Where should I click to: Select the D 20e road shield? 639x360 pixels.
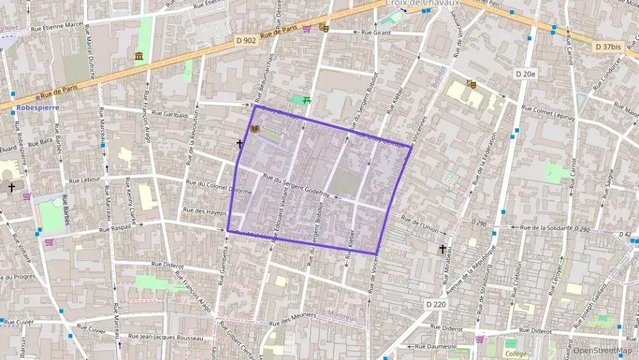pyautogui.click(x=526, y=73)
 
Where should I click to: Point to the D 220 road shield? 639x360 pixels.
pyautogui.click(x=436, y=304)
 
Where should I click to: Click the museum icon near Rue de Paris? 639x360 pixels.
pyautogui.click(x=140, y=56)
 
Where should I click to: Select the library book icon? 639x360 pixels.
pyautogui.click(x=255, y=129)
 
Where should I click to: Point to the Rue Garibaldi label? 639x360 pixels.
pyautogui.click(x=169, y=114)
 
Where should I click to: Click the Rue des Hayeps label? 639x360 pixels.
pyautogui.click(x=205, y=212)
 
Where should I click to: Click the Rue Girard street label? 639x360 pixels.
pyautogui.click(x=375, y=32)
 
